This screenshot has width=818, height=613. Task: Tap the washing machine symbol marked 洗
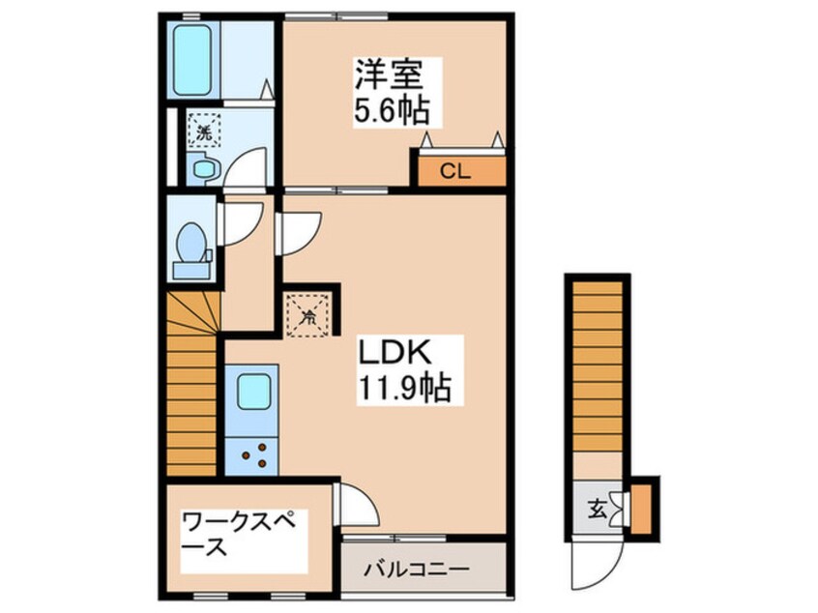[203, 130]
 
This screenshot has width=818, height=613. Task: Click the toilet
[191, 248]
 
